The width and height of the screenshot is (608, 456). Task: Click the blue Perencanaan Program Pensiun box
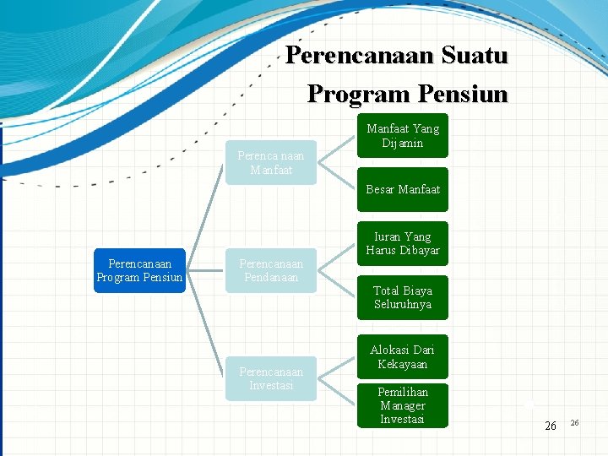[x=139, y=270]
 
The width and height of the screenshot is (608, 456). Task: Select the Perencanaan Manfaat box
[x=271, y=162]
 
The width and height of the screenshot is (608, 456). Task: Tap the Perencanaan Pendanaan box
[x=271, y=270]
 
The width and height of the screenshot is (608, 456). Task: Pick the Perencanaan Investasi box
[x=271, y=377]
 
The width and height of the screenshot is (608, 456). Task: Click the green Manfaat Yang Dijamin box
[x=403, y=136]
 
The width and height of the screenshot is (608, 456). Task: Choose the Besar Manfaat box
[x=403, y=189]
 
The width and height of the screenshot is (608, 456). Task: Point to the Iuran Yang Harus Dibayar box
[x=403, y=243]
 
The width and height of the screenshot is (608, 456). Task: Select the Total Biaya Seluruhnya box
[x=403, y=297]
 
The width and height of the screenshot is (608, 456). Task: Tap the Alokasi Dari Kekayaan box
[x=403, y=357]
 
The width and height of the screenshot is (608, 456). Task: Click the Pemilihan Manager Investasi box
[x=403, y=405]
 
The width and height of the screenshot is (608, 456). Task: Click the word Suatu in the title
[x=469, y=56]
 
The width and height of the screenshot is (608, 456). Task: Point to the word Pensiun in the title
[x=459, y=93]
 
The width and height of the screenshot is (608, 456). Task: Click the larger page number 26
[x=551, y=426]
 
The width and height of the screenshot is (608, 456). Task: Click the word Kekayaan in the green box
[x=403, y=364]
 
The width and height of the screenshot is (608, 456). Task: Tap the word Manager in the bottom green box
[x=403, y=405]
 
